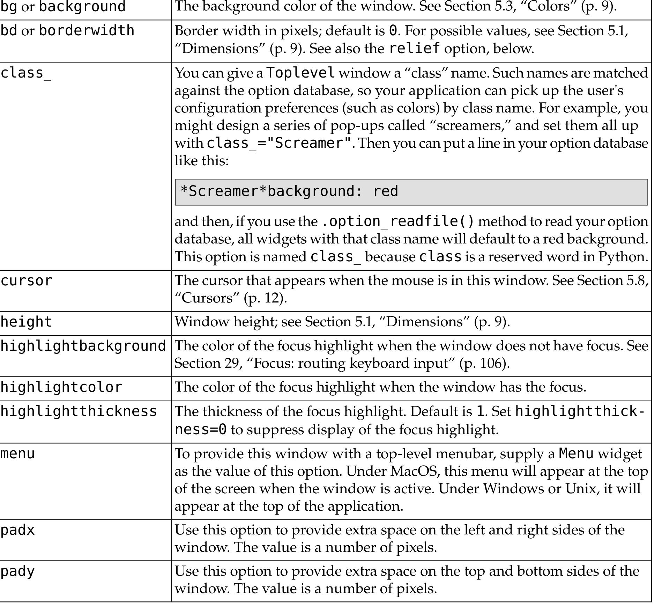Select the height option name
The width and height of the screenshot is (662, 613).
pyautogui.click(x=27, y=322)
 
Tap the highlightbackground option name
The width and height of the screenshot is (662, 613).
pyautogui.click(x=83, y=346)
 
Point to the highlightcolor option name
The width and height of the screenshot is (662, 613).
pyautogui.click(x=61, y=387)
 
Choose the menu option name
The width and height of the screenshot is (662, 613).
pyautogui.click(x=18, y=454)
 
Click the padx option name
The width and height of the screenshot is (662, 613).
pyautogui.click(x=18, y=530)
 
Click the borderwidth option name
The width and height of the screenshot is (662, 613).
pyautogui.click(x=86, y=31)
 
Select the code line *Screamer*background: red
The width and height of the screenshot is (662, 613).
pyautogui.click(x=289, y=191)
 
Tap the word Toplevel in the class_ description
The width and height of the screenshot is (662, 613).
pyautogui.click(x=301, y=73)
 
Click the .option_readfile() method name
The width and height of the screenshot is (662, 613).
pyautogui.click(x=397, y=221)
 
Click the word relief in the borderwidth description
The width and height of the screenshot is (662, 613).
pyautogui.click(x=415, y=49)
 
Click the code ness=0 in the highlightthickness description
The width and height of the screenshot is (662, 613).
pyautogui.click(x=201, y=430)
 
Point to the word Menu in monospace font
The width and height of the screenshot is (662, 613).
pyautogui.click(x=576, y=454)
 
